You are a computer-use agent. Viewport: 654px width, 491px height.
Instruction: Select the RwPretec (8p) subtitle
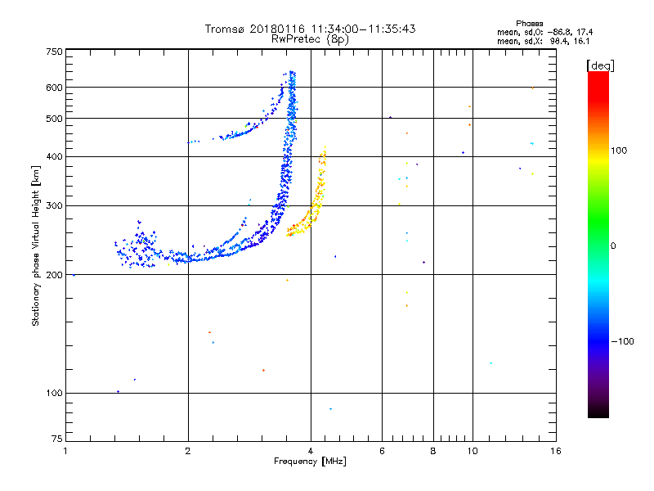click(311, 38)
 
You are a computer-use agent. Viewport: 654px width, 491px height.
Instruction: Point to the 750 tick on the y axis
click(54, 52)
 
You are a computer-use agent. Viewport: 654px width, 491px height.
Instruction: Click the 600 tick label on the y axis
click(54, 87)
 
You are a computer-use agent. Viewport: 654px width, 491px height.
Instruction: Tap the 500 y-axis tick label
click(54, 119)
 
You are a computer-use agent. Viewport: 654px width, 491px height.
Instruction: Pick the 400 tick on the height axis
click(54, 156)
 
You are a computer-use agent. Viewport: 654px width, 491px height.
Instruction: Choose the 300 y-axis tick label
click(54, 205)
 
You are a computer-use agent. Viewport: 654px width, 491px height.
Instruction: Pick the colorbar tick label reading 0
click(615, 245)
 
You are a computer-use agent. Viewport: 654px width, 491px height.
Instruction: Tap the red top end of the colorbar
click(598, 76)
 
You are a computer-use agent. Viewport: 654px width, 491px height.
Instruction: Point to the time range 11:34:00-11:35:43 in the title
click(364, 29)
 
